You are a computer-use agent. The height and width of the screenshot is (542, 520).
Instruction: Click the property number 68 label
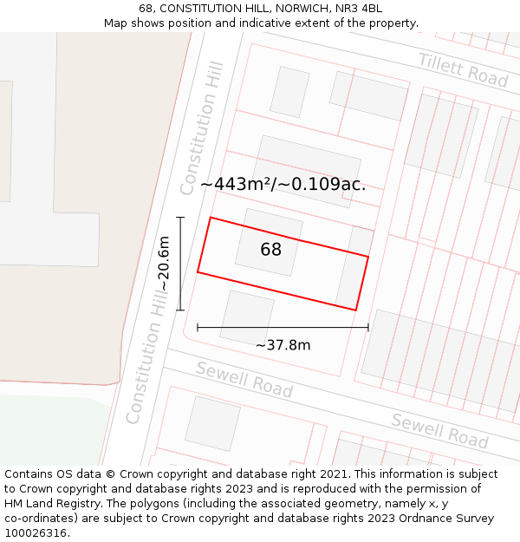(270, 250)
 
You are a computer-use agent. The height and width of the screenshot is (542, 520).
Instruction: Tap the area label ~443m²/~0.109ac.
(283, 184)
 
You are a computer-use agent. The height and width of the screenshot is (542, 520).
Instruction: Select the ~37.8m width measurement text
(283, 345)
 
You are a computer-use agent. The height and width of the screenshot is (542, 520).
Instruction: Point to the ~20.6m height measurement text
(164, 264)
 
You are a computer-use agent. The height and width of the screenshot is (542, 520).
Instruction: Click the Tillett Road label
(463, 69)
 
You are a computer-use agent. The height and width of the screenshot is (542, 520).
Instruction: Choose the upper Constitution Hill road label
(203, 127)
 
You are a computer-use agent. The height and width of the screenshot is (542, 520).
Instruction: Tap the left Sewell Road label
(244, 381)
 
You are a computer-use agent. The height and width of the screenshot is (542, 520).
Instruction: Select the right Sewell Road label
(439, 430)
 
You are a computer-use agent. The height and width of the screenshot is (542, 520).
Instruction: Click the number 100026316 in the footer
(37, 533)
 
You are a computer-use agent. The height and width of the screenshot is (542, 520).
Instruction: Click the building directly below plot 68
(247, 317)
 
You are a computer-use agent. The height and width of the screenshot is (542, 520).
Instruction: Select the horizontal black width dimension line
(283, 328)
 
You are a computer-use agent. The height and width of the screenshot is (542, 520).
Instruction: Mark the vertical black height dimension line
(180, 264)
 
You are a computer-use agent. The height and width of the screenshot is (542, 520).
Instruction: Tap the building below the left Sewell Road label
(212, 423)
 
